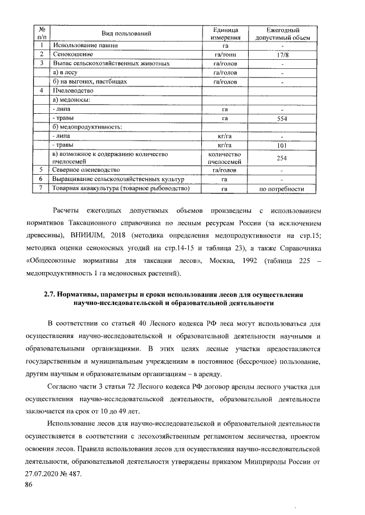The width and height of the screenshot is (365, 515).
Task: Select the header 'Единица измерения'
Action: click(x=225, y=34)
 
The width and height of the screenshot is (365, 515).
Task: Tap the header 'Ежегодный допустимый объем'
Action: click(x=282, y=34)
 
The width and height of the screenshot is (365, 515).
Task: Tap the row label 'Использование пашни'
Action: click(x=86, y=44)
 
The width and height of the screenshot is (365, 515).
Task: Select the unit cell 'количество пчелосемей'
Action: click(x=225, y=158)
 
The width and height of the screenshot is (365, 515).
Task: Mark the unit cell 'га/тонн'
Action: click(x=225, y=55)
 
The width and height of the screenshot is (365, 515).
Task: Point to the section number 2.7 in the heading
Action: click(x=51, y=294)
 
